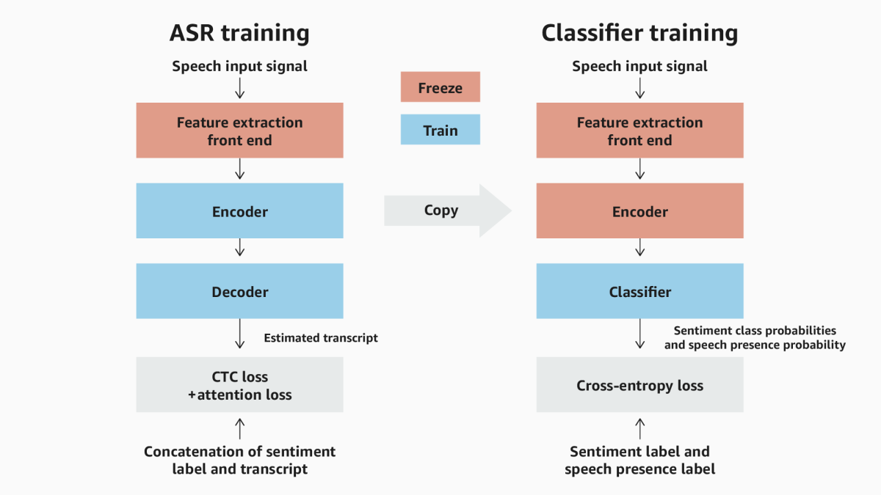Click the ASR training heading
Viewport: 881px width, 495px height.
click(x=239, y=33)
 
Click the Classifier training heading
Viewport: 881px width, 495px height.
click(x=639, y=33)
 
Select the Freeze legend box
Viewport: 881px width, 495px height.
click(x=440, y=87)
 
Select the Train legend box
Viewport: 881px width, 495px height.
click(x=440, y=130)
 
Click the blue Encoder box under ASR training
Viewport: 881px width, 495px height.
click(x=239, y=211)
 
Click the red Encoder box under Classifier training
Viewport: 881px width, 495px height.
click(x=639, y=211)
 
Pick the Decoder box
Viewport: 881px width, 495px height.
click(x=239, y=291)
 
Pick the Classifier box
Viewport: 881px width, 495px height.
click(x=639, y=291)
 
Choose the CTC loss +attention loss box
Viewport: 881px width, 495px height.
click(x=239, y=385)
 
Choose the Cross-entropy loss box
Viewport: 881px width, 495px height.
click(x=639, y=385)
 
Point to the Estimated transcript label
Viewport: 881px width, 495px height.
click(x=321, y=338)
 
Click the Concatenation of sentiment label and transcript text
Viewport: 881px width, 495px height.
click(x=239, y=460)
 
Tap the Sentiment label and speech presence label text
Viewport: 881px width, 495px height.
click(x=639, y=460)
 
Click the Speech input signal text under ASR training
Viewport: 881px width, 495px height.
click(x=239, y=67)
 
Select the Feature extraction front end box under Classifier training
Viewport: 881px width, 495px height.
click(x=639, y=131)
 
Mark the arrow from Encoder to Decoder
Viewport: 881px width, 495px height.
click(x=239, y=250)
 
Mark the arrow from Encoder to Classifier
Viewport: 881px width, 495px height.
click(x=639, y=250)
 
